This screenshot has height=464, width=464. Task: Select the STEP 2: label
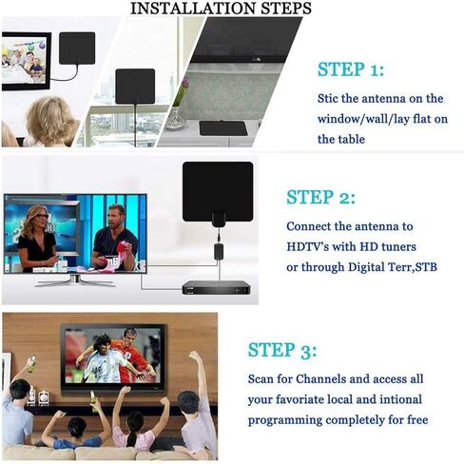pyautogui.click(x=320, y=198)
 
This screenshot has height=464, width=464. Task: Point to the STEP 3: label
pyautogui.click(x=282, y=349)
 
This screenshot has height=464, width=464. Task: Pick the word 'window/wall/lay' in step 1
pyautogui.click(x=366, y=118)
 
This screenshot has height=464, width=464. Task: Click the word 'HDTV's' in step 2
pyautogui.click(x=310, y=245)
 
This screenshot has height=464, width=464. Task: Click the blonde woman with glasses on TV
pyautogui.click(x=37, y=238)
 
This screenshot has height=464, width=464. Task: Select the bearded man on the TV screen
pyautogui.click(x=113, y=238)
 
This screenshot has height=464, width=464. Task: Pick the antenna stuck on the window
pyautogui.click(x=133, y=86)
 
